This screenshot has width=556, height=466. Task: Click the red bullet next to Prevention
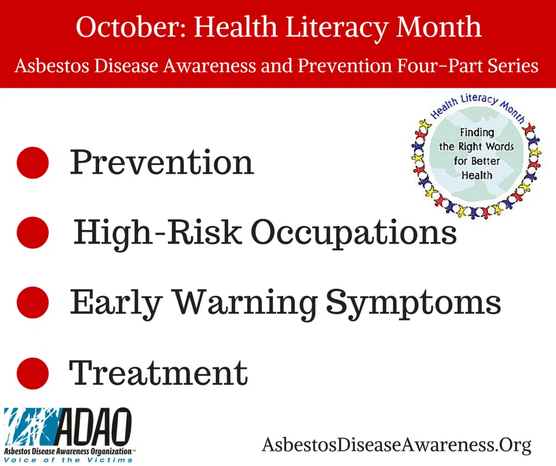[33, 163]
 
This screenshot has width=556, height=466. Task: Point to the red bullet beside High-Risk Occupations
[33, 232]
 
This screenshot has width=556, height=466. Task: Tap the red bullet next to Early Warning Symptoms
[33, 302]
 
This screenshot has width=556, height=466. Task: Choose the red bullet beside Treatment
[33, 373]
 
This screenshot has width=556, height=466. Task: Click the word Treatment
[158, 373]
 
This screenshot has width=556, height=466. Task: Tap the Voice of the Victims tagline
[68, 460]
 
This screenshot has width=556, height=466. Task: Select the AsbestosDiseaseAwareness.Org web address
[396, 444]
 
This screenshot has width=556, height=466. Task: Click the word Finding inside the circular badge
[477, 132]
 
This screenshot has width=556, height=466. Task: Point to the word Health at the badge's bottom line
[477, 175]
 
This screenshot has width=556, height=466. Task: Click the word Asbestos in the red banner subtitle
[51, 66]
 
